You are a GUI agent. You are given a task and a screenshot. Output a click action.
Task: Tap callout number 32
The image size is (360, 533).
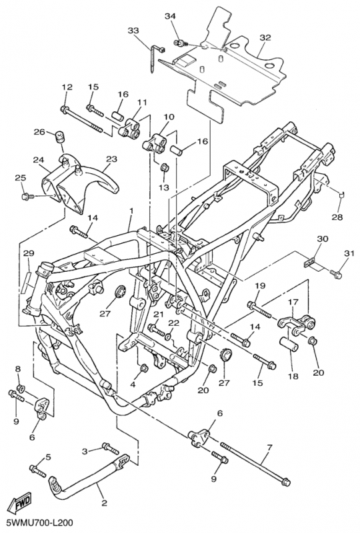pyautogui.click(x=265, y=37)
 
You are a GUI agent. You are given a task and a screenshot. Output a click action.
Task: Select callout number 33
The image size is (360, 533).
pyautogui.click(x=133, y=31)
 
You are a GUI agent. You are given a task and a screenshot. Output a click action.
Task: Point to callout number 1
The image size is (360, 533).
pyautogui.click(x=131, y=211)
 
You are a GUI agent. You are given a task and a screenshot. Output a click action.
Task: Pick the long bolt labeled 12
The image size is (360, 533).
pyautogui.click(x=81, y=119)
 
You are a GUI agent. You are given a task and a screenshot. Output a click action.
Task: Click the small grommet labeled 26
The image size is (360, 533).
pyautogui.click(x=60, y=137)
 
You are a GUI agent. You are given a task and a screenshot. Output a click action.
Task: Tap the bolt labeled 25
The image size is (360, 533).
pyautogui.click(x=28, y=196)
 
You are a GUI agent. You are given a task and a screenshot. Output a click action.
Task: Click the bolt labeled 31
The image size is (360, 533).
pyautogui.click(x=336, y=274)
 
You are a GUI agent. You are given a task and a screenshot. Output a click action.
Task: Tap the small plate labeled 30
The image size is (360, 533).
pyautogui.click(x=309, y=263)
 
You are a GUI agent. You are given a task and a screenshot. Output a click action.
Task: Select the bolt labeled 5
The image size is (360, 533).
pyautogui.click(x=38, y=471)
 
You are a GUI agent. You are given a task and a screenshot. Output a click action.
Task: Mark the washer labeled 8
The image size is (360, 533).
pyautogui.click(x=21, y=387)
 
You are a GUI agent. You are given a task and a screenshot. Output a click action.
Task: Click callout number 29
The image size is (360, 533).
pyautogui.click(x=29, y=253)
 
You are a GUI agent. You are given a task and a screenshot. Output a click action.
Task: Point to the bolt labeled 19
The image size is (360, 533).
pyautogui.click(x=259, y=310)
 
